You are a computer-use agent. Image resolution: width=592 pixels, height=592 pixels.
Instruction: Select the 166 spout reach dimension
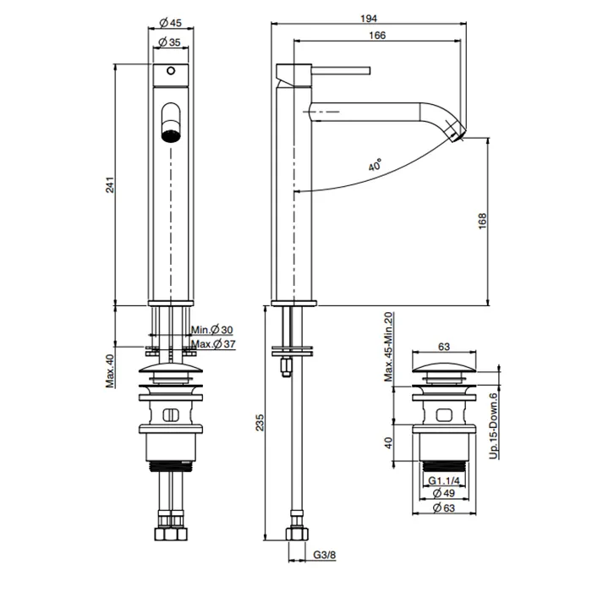pyautogui.click(x=376, y=36)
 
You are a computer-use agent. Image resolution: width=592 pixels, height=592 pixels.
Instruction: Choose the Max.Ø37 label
pyautogui.click(x=212, y=343)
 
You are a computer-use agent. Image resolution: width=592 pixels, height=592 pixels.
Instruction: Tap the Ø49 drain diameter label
pyautogui.click(x=445, y=493)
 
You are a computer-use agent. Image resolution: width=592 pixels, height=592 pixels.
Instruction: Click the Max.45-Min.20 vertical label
pyautogui.click(x=390, y=347)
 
